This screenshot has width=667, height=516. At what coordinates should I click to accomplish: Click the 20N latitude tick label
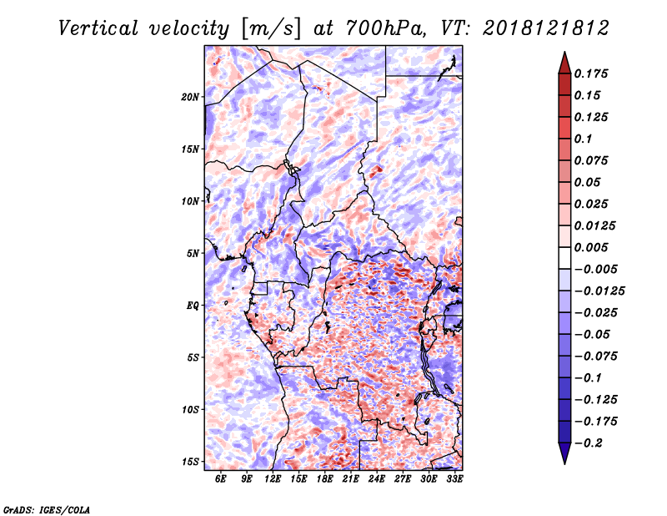pyautogui.click(x=190, y=97)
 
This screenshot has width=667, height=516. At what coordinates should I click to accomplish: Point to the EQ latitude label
pyautogui.click(x=193, y=306)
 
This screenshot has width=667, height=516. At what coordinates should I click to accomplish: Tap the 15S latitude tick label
pyautogui.click(x=190, y=462)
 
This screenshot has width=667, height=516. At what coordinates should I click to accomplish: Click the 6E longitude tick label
pyautogui.click(x=220, y=478)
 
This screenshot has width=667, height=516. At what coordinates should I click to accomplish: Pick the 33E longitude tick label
pyautogui.click(x=454, y=478)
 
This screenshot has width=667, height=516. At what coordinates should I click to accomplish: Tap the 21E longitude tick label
pyautogui.click(x=351, y=478)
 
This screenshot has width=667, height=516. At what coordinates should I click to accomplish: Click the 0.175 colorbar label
pyautogui.click(x=591, y=73)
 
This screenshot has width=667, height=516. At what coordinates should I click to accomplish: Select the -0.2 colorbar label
pyautogui.click(x=589, y=443)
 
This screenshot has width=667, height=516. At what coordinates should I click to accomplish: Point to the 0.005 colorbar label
pyautogui.click(x=591, y=247)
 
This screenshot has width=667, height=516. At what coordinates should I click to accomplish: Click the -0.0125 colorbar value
pyautogui.click(x=599, y=291)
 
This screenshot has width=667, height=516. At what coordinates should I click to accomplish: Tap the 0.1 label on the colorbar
pyautogui.click(x=583, y=139)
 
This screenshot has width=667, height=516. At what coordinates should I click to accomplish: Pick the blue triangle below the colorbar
pyautogui.click(x=564, y=453)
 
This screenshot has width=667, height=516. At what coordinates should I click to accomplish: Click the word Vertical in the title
pyautogui.click(x=98, y=28)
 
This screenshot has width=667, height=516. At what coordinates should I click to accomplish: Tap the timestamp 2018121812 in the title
pyautogui.click(x=546, y=28)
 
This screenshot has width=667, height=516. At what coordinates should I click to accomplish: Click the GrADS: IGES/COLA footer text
pyautogui.click(x=47, y=509)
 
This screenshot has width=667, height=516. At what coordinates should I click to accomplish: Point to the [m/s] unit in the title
pyautogui.click(x=271, y=28)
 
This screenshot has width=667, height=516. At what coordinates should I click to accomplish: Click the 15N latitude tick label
pyautogui.click(x=190, y=149)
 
